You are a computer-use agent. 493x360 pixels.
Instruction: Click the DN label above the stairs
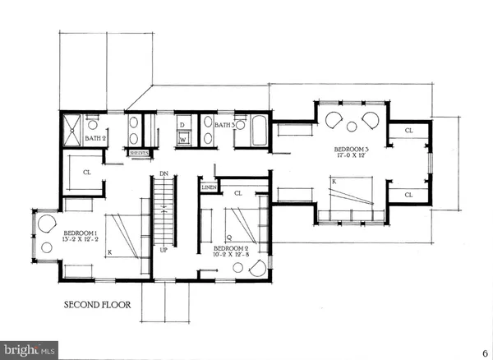[x=164, y=173]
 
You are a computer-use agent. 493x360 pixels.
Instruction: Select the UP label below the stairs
[x=164, y=249]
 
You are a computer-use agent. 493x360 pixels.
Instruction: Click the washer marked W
[x=184, y=140]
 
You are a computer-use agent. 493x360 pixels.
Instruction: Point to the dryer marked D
[x=182, y=126]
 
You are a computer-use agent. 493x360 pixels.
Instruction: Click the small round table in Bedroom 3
[x=352, y=126]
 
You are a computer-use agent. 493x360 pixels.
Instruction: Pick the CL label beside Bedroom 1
[x=87, y=173]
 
